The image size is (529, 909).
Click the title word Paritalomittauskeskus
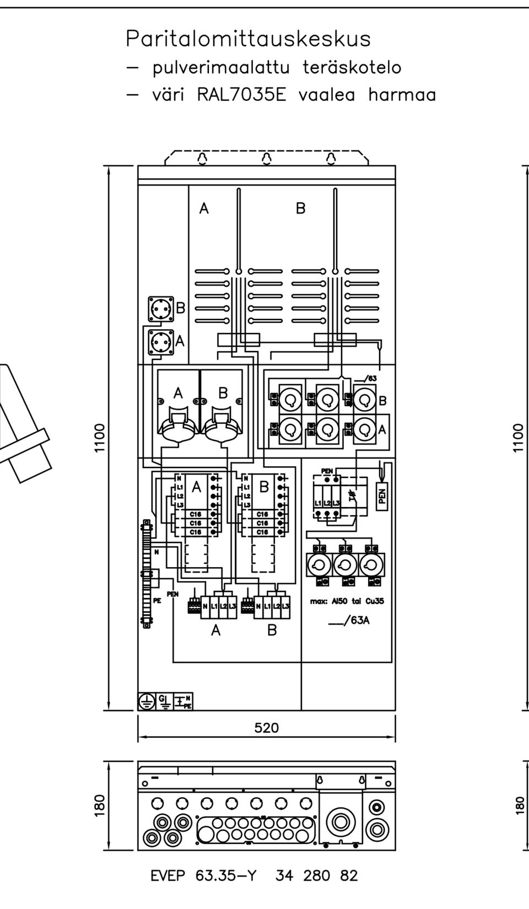[x=248, y=39]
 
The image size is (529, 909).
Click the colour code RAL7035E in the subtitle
[x=241, y=95]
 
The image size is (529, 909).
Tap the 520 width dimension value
[x=267, y=728]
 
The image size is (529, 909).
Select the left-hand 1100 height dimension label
[x=100, y=438]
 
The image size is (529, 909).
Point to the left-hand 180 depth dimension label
[x=100, y=806]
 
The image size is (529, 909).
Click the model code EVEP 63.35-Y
[x=203, y=875]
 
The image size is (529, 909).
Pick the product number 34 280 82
[x=316, y=875]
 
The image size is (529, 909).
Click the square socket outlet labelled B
[x=160, y=309]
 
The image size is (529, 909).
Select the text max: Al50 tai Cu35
[x=347, y=601]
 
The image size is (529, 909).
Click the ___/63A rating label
[x=348, y=620]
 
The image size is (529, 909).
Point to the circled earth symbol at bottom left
[x=146, y=701]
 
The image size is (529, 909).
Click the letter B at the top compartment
[x=300, y=208]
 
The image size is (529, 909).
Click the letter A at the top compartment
[x=204, y=208]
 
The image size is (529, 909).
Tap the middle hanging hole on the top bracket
[x=267, y=159]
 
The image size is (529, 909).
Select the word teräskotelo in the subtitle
[x=352, y=68]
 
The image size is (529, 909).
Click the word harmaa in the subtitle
[x=402, y=95]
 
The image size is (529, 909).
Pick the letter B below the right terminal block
[x=272, y=630]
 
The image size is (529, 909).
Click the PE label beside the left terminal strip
[x=157, y=601]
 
